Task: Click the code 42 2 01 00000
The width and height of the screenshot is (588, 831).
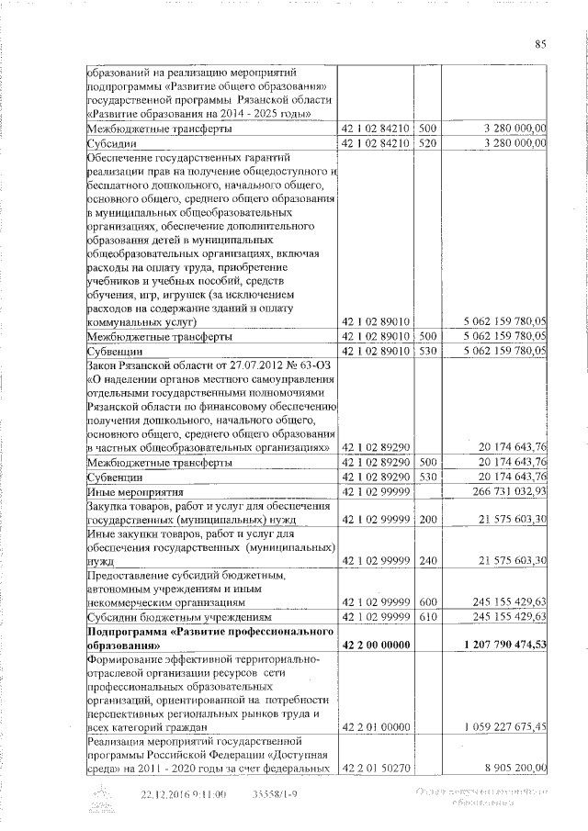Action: click(376, 726)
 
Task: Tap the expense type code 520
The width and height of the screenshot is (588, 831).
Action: click(426, 143)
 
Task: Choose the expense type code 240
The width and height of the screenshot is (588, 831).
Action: click(426, 559)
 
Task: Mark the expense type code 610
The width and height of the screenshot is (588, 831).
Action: click(426, 616)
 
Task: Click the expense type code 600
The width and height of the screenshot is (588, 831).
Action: click(426, 601)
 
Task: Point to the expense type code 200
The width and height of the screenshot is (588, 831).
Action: click(426, 519)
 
